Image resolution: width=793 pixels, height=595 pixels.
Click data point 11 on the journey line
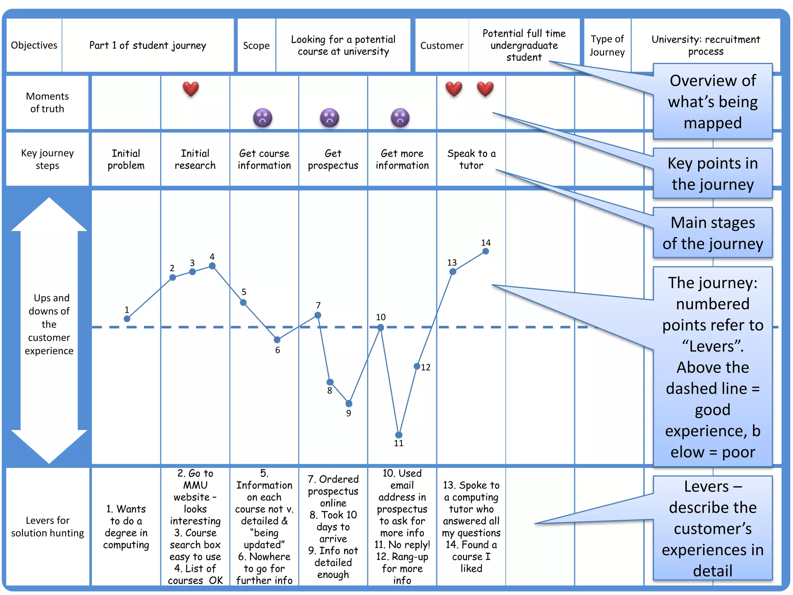pos(398,435)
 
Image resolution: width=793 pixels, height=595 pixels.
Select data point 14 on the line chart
pos(486,251)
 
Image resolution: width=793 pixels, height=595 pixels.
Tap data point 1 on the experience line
pos(127,319)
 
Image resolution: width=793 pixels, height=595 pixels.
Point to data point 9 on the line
pos(349,404)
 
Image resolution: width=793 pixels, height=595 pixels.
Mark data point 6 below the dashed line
pos(277,340)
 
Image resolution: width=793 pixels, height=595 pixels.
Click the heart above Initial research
pos(191,89)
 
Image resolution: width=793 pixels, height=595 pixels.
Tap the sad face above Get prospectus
pos(330,117)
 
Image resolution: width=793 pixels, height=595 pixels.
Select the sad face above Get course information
pos(263,117)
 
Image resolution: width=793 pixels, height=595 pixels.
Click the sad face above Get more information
pos(400,117)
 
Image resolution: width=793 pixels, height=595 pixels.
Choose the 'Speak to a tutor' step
pos(471,159)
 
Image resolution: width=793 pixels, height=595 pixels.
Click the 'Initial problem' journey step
pos(126,159)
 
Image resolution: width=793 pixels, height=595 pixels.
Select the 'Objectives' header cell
pos(34,45)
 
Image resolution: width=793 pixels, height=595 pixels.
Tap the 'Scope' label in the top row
pos(256,46)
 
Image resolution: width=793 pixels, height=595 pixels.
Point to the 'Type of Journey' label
pos(607,45)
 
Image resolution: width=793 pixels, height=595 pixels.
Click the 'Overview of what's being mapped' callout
pos(712,101)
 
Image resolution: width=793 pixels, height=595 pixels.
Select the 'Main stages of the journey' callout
pos(712,233)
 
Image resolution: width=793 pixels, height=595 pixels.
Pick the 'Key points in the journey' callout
pos(712,174)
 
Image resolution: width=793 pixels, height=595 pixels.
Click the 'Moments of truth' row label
pos(47,102)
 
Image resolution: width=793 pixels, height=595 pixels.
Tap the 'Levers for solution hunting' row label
pos(48,526)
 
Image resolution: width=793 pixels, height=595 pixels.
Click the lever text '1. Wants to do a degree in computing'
pos(126,526)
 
